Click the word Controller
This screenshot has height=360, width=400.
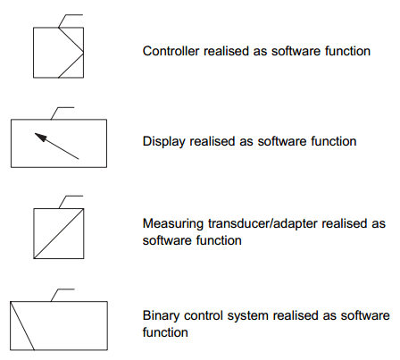pyautogui.click(x=171, y=51)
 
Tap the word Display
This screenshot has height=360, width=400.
pyautogui.click(x=164, y=142)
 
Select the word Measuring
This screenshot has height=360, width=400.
pyautogui.click(x=173, y=224)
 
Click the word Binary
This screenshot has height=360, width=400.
pyautogui.click(x=161, y=316)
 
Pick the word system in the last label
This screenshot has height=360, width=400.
pyautogui.click(x=248, y=316)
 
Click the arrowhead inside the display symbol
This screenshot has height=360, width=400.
pyautogui.click(x=41, y=137)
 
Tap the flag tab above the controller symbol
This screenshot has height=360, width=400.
pyautogui.click(x=71, y=21)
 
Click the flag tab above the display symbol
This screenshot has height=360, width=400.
pyautogui.click(x=62, y=113)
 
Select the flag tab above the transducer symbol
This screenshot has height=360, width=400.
pyautogui.click(x=71, y=202)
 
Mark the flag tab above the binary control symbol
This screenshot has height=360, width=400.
pyautogui.click(x=62, y=295)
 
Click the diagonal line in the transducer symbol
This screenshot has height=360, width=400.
pyautogui.click(x=59, y=233)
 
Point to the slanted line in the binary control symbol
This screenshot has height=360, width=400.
pyautogui.click(x=22, y=326)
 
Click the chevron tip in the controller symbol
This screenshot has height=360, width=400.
pyautogui.click(x=83, y=53)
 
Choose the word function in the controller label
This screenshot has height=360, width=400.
pyautogui.click(x=347, y=51)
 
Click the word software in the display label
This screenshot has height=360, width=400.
pyautogui.click(x=282, y=141)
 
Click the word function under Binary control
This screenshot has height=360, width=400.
pyautogui.click(x=165, y=332)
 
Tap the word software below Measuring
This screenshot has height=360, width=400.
pyautogui.click(x=167, y=240)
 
